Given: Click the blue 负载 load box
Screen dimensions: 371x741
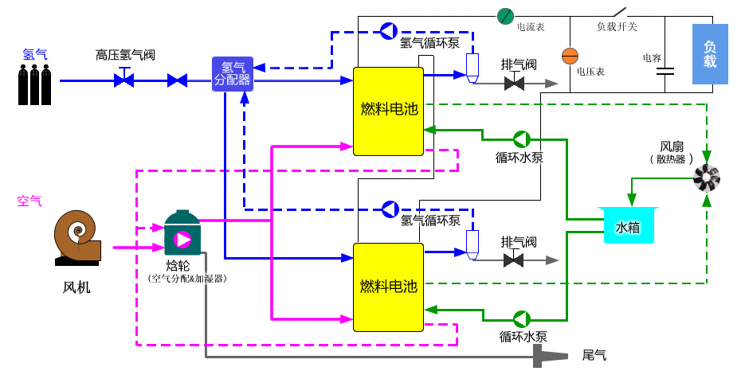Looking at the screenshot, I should (710, 54).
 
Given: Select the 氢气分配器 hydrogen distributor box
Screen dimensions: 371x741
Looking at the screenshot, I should (232, 74).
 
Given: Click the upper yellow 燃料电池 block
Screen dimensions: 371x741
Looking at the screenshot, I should (388, 111).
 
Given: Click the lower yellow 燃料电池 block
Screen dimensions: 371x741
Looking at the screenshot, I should (388, 287).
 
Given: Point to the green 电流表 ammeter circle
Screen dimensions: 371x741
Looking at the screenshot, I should (505, 15).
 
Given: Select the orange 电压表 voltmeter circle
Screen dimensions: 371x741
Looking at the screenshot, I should (570, 56).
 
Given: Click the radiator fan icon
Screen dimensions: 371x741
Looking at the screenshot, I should (706, 179).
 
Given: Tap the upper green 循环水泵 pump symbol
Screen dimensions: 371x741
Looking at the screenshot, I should (520, 139).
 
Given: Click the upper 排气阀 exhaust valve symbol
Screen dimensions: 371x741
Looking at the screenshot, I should (514, 82).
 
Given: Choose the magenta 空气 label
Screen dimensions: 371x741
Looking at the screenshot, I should (29, 201).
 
